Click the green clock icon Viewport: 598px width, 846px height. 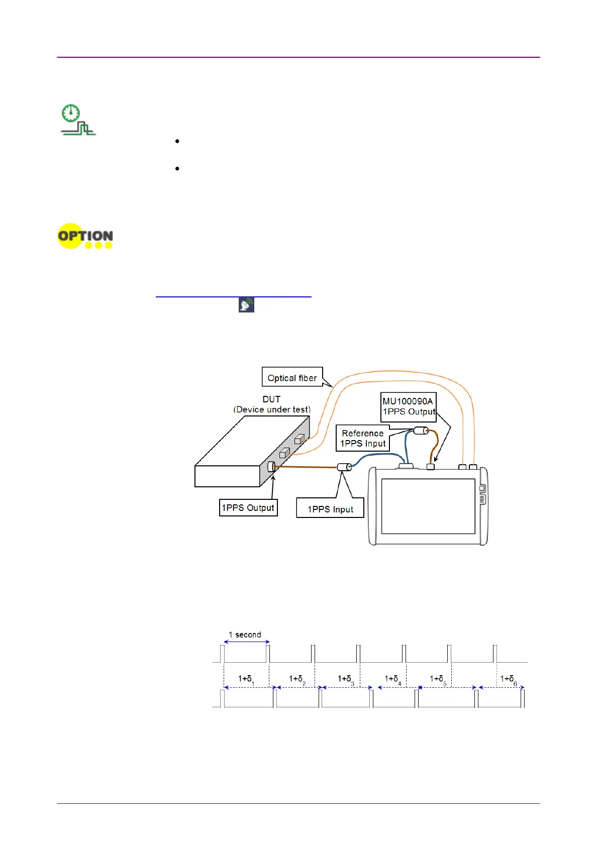71,113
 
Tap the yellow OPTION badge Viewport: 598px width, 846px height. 85,236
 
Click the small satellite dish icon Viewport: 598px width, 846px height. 246,305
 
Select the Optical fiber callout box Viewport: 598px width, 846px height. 292,378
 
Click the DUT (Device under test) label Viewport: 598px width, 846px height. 272,404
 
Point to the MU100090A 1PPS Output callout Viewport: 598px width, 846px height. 408,406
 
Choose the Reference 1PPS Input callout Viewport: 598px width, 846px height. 362,438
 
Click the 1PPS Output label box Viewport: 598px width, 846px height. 248,507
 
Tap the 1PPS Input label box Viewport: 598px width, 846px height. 330,509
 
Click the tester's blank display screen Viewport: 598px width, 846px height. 428,506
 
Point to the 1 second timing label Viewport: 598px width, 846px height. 245,634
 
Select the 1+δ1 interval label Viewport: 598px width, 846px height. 246,679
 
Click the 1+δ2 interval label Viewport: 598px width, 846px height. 297,679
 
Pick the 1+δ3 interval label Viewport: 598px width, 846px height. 346,679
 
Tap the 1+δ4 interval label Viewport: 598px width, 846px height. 392,679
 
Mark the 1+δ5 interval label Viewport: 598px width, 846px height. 438,679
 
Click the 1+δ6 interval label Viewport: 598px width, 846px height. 508,679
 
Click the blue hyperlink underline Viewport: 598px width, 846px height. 233,297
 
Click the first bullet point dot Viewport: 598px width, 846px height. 177,142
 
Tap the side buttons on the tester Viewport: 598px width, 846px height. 482,494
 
